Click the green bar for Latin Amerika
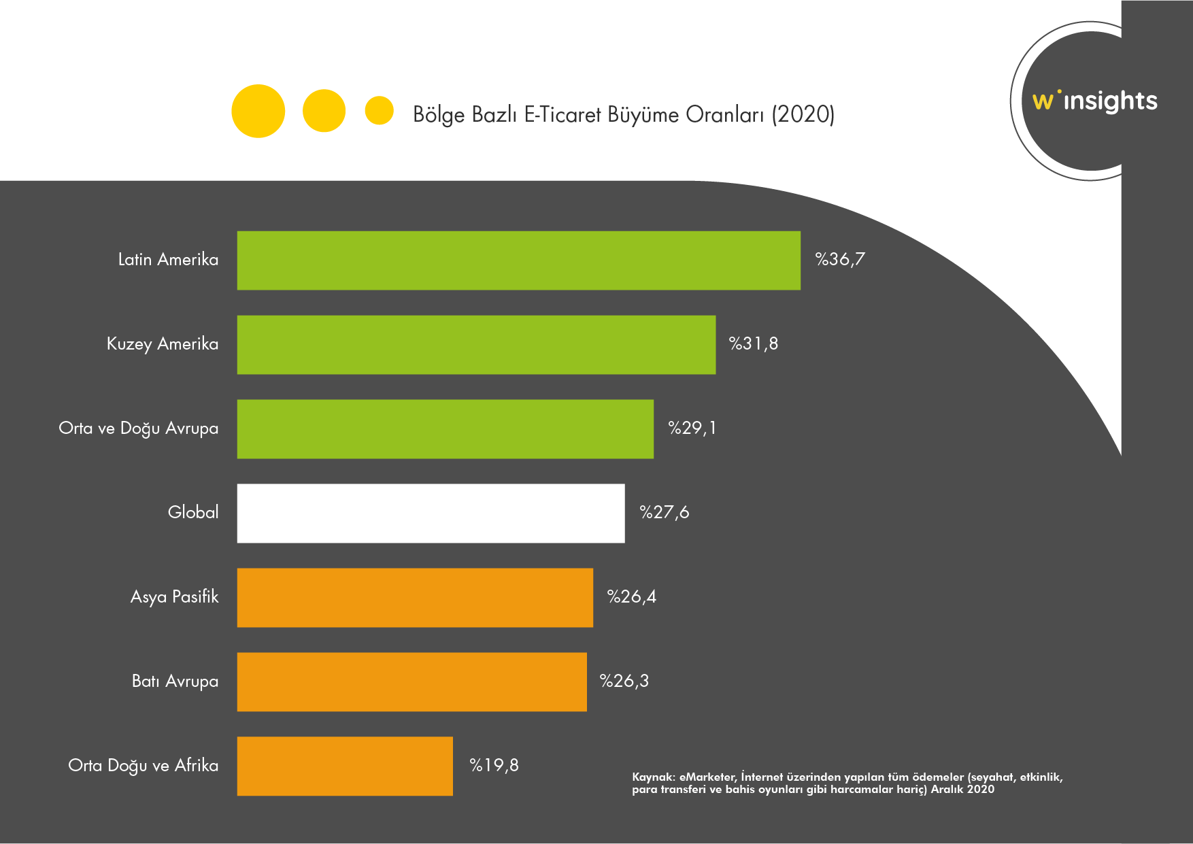pos(518,260)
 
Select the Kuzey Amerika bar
pos(476,345)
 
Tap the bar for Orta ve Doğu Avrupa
pos(445,429)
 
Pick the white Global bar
pos(431,513)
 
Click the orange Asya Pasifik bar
pos(415,598)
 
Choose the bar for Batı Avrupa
pos(411,682)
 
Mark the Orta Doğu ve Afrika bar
pos(345,766)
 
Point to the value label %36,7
pos(840,259)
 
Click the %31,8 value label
pos(754,343)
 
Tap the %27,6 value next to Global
pos(665,512)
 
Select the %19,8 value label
pos(494,765)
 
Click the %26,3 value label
pos(624,681)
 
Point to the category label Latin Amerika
pos(168,259)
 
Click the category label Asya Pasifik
pos(174,596)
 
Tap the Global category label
pos(193,512)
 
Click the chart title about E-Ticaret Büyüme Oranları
pos(624,114)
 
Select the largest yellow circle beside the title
pos(258,111)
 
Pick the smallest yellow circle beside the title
pos(379,110)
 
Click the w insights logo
pos(1094,101)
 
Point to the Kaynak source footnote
pos(847,783)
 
